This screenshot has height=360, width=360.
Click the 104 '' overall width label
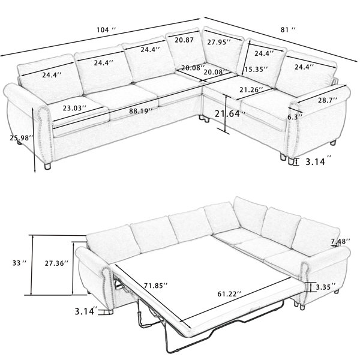(x=106, y=30)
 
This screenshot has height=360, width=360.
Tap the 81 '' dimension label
(x=288, y=29)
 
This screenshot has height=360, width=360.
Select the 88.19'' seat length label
(x=141, y=111)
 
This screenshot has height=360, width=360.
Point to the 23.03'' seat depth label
(x=74, y=108)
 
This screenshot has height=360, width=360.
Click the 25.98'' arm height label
(x=22, y=138)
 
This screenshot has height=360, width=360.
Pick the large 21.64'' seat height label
(x=230, y=113)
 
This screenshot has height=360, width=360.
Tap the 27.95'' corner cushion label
(x=219, y=42)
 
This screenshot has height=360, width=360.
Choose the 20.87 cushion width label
(x=184, y=40)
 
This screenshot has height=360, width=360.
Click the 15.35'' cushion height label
(x=256, y=69)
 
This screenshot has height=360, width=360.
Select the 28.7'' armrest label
(x=328, y=100)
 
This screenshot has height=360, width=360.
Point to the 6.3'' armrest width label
(x=295, y=117)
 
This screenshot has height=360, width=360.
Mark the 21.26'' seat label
(x=251, y=89)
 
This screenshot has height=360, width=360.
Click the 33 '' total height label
(x=20, y=263)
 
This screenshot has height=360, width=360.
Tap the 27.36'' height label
(x=57, y=263)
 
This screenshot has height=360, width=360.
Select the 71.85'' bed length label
(x=156, y=286)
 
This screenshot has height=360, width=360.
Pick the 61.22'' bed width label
(x=229, y=294)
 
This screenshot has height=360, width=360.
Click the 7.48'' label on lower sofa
(x=340, y=241)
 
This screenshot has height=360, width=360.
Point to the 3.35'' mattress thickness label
(x=326, y=287)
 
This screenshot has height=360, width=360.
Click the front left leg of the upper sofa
(x=47, y=166)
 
